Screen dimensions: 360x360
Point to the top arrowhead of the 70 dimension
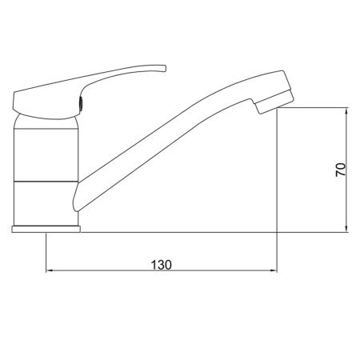[x=346, y=114]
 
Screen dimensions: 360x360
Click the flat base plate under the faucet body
[x=46, y=230]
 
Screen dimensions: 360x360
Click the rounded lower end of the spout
[x=78, y=200]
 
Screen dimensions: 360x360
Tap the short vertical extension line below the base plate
[x=46, y=252]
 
